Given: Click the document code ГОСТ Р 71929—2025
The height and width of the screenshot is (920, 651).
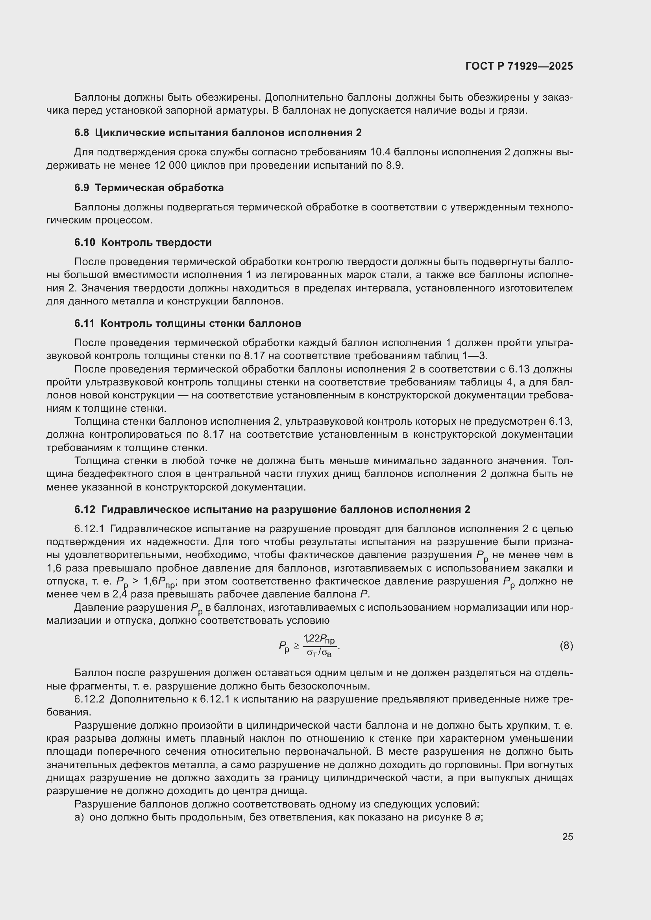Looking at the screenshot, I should (519, 66).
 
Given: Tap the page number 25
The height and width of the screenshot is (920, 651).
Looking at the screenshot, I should (567, 837).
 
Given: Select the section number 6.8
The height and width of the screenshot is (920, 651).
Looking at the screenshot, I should (82, 133).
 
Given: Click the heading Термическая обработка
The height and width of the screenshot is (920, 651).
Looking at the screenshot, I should (159, 188).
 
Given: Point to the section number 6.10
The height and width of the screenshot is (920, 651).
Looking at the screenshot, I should (84, 242).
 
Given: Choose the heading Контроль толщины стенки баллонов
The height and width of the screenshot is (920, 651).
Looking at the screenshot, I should (200, 323).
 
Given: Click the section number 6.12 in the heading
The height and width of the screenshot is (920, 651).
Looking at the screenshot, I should (85, 510).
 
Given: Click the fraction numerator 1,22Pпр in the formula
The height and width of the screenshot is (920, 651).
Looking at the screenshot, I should (319, 640).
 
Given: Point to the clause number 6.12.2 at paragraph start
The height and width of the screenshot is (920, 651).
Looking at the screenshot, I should (89, 699).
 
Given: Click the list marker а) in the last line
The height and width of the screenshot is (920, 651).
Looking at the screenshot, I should (80, 817).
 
